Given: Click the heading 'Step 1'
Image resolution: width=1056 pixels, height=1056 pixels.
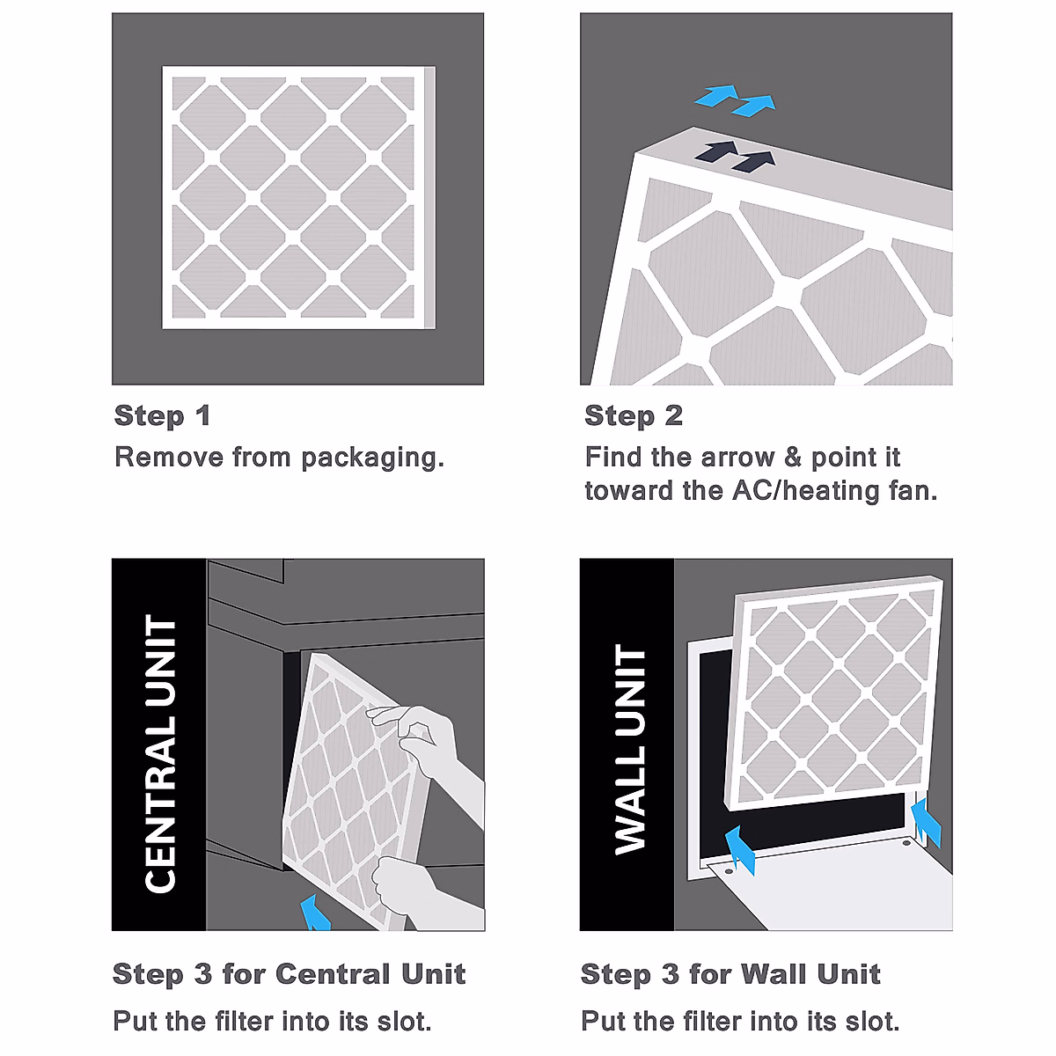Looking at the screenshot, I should (163, 415).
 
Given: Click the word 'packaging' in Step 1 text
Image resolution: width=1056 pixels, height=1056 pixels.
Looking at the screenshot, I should (370, 458).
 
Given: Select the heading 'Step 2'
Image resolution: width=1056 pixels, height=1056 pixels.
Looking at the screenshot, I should (634, 415).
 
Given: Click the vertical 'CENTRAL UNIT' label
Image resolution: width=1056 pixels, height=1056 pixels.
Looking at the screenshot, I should (160, 752).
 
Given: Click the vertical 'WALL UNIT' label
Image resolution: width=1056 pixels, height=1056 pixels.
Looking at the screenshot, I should (629, 748).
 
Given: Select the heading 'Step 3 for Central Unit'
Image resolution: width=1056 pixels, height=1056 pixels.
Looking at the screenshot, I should (289, 974).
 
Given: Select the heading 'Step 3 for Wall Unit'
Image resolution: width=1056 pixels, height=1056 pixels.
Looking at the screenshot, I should (730, 974).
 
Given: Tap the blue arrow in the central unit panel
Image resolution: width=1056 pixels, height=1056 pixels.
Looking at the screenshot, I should (314, 913).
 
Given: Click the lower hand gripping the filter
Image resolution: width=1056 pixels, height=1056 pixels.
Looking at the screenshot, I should (414, 889).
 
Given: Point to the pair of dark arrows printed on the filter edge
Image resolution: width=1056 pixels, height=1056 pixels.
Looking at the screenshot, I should (735, 156).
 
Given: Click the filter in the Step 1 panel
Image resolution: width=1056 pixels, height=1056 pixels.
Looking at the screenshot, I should (297, 198).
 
